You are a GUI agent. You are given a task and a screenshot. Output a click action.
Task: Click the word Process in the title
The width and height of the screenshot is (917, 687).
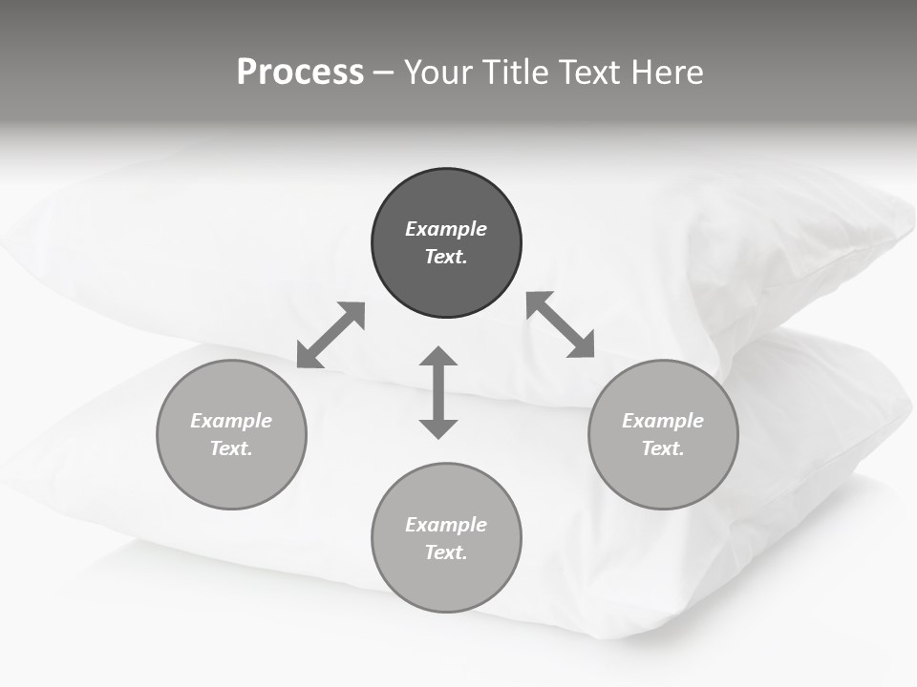point(300,73)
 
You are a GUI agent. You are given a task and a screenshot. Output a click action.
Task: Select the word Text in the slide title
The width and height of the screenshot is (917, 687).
point(590,73)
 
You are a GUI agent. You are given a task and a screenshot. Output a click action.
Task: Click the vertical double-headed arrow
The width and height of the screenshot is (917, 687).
point(438,392)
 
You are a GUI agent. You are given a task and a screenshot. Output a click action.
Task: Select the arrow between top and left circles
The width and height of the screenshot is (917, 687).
point(331,334)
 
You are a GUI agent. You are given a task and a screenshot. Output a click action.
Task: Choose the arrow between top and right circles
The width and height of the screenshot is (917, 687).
point(561,324)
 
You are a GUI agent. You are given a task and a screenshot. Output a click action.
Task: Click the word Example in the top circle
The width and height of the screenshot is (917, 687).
point(446,229)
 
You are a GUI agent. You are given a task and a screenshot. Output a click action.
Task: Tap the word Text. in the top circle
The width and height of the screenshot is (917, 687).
point(446,257)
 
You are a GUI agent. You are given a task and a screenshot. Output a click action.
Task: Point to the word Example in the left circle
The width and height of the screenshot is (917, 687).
point(231,421)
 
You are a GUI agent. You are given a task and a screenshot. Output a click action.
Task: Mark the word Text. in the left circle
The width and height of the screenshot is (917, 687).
point(231,448)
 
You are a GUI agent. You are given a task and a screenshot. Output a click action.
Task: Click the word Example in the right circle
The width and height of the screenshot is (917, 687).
point(663,421)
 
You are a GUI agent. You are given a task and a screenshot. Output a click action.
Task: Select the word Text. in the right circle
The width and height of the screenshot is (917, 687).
point(663,448)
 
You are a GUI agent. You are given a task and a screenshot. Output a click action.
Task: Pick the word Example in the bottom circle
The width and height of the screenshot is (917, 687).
point(446,525)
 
